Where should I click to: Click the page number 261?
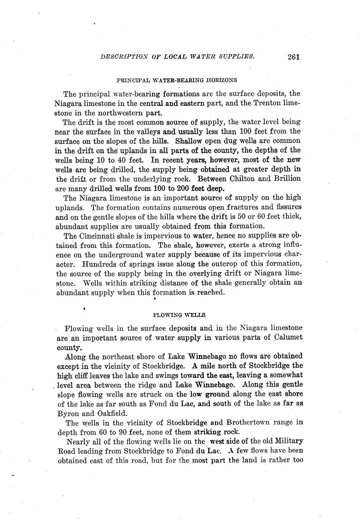click(294, 57)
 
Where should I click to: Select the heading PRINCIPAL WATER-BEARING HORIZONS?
click(177, 80)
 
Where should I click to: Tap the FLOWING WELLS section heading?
click(179, 315)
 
